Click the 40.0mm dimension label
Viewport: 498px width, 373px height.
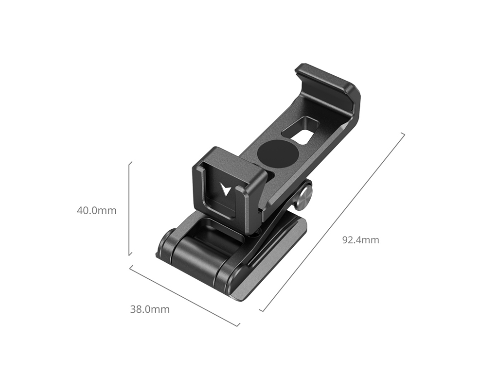click(x=97, y=210)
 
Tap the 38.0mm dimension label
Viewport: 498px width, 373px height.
click(x=150, y=309)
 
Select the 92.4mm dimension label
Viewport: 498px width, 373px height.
click(x=360, y=240)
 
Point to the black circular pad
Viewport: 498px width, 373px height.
click(x=278, y=153)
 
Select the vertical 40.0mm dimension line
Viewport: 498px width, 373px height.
click(x=129, y=208)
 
